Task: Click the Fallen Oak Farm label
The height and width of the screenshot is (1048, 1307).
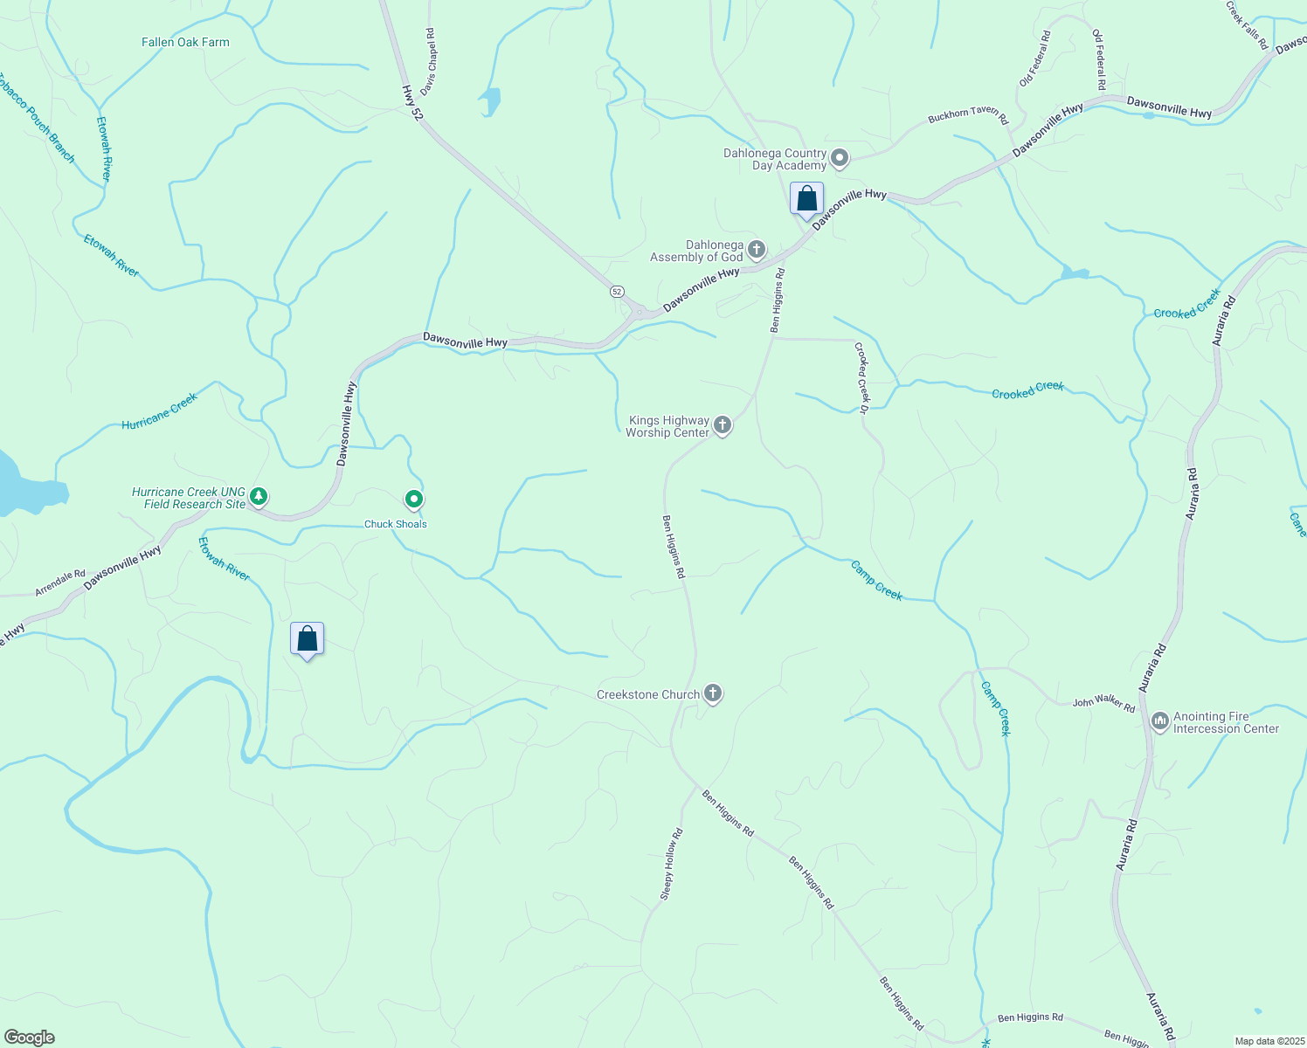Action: [185, 42]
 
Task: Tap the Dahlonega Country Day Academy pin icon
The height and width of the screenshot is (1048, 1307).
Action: [840, 158]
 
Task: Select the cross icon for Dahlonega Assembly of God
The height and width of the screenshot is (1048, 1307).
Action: [756, 251]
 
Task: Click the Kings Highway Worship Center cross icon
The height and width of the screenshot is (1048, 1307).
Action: [723, 425]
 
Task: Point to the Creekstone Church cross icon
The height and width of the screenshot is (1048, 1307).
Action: [713, 694]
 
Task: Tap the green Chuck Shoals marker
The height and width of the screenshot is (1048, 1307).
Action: [414, 500]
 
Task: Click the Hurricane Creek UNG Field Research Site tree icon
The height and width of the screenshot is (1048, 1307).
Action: [258, 497]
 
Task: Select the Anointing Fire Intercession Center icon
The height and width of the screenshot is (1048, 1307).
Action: [1160, 721]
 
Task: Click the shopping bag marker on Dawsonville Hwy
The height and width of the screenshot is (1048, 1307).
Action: [806, 198]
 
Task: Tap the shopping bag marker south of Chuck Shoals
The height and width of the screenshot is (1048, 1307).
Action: [307, 638]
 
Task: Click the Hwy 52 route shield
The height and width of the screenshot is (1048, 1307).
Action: [618, 291]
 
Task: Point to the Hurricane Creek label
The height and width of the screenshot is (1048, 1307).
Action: [160, 411]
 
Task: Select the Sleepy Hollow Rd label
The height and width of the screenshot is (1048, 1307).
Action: [671, 865]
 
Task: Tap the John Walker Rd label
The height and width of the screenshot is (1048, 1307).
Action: [1103, 704]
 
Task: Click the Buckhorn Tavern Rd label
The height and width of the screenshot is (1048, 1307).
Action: [968, 117]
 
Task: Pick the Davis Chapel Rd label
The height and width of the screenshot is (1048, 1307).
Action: [427, 61]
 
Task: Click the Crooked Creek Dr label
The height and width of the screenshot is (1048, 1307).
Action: [861, 377]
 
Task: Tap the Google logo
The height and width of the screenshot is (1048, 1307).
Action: [30, 1038]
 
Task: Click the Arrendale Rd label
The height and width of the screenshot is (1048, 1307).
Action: [60, 583]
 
